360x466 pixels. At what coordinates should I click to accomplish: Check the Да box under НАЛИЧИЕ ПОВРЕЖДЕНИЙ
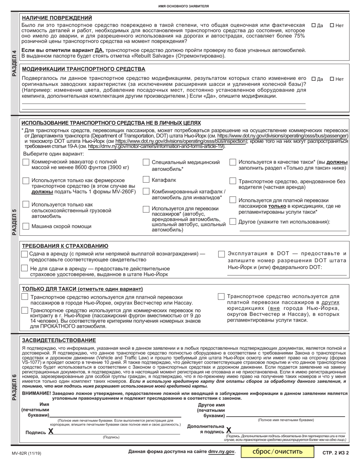313,26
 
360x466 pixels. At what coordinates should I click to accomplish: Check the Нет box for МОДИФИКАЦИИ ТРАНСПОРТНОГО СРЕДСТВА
332,79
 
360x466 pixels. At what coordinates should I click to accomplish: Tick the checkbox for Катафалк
146,180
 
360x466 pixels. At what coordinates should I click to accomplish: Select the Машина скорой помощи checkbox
26,226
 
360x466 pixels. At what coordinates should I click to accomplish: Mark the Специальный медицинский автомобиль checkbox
146,162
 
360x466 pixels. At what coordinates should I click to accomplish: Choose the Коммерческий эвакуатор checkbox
26,162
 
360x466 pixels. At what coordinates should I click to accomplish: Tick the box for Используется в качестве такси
233,162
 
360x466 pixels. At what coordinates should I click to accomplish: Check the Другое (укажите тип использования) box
233,222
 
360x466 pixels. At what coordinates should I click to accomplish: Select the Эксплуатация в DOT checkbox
221,254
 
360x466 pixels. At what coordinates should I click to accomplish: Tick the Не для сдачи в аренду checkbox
25,269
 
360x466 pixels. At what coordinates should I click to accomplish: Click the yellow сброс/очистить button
278,452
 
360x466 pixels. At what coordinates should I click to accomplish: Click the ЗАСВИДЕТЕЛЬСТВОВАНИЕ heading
59,340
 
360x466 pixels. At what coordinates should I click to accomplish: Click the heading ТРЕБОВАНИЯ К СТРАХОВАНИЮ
65,246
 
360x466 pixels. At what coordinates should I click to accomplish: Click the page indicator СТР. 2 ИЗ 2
335,452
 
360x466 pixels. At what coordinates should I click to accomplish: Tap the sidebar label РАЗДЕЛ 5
14,222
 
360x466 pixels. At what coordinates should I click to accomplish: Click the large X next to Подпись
51,431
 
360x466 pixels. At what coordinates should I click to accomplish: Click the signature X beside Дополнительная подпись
229,430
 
